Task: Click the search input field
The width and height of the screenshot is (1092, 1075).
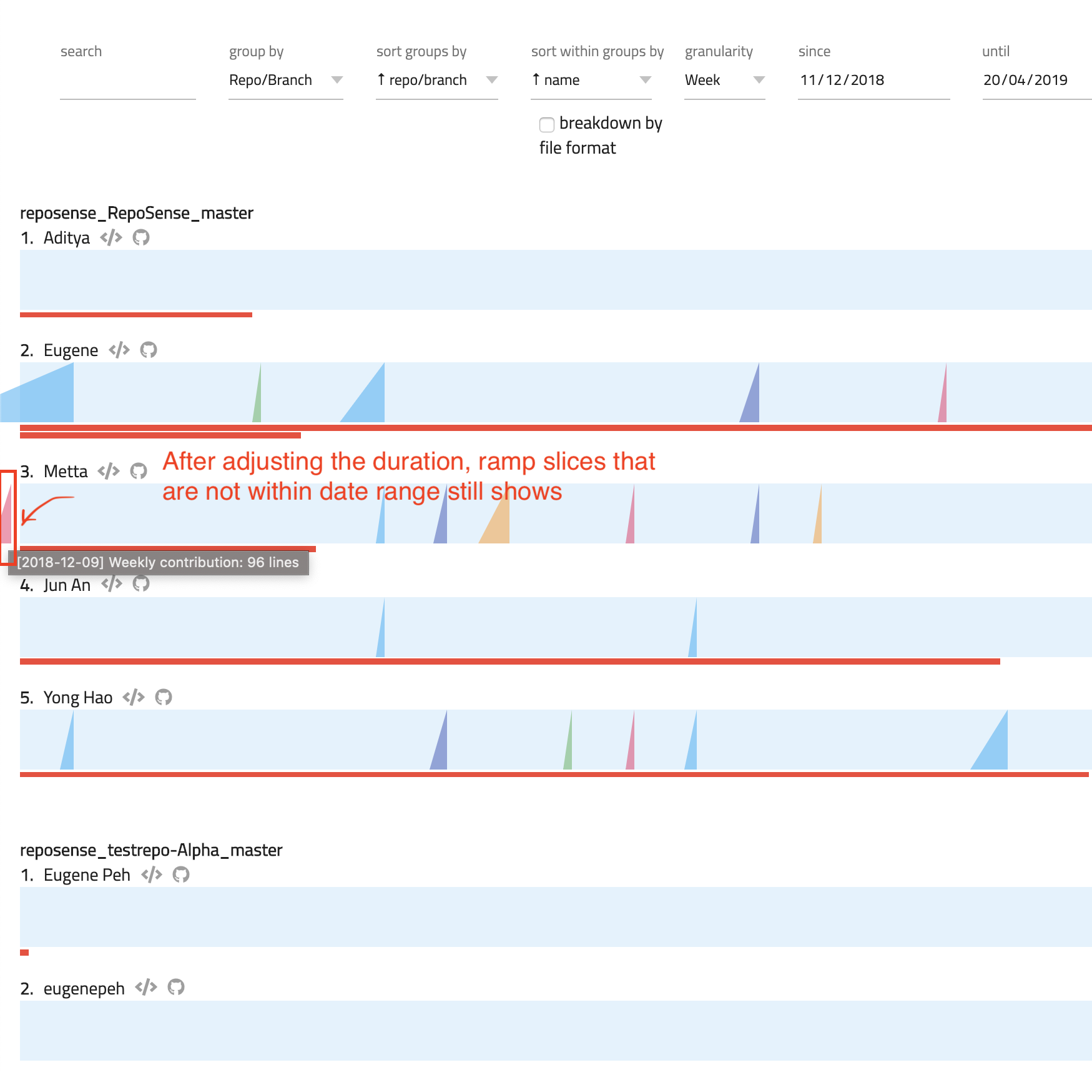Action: click(x=127, y=81)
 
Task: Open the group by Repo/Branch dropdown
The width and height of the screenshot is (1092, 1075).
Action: click(x=285, y=81)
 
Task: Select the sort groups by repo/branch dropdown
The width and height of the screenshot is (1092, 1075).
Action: click(x=436, y=81)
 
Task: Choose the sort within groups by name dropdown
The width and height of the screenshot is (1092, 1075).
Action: click(x=591, y=81)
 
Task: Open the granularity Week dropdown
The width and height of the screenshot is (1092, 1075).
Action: click(x=724, y=81)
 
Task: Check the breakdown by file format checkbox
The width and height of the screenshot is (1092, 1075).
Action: click(x=547, y=125)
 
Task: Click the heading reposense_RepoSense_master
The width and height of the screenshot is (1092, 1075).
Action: click(x=137, y=213)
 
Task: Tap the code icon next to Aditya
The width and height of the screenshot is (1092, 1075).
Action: click(x=111, y=238)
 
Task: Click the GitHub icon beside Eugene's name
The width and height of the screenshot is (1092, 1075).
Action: click(x=149, y=350)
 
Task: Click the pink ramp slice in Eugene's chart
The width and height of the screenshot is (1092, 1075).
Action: click(x=943, y=406)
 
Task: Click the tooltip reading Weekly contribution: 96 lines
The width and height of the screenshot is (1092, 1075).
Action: click(x=159, y=562)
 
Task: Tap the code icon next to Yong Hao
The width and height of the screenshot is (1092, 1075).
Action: click(x=134, y=697)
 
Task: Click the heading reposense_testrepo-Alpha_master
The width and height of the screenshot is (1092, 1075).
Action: click(x=151, y=850)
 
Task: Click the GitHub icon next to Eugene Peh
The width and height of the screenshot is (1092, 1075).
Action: click(x=181, y=874)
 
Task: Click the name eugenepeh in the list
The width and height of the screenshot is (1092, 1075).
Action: click(x=84, y=989)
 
